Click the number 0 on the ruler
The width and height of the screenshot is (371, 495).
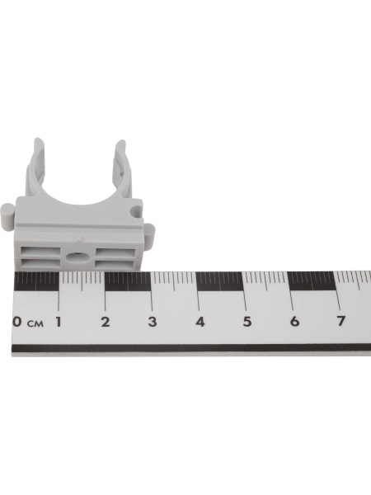[17, 322]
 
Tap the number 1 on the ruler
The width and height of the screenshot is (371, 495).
[59, 322]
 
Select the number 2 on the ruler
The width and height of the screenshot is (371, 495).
[106, 322]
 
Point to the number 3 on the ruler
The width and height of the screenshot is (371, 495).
[153, 322]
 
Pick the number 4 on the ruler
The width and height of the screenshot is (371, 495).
[200, 322]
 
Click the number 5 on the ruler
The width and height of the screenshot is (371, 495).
[247, 322]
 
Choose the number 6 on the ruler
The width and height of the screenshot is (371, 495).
[294, 322]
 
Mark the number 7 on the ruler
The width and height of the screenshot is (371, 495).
[340, 321]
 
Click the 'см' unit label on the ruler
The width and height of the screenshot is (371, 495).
[35, 323]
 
